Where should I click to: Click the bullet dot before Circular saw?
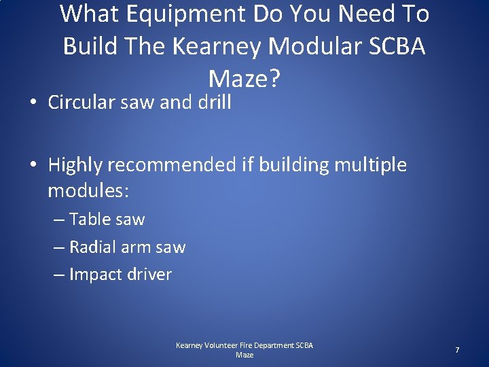pos(33,104)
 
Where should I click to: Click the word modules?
pos(88,191)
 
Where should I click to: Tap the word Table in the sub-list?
pos(90,219)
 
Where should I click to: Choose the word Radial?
pos(93,247)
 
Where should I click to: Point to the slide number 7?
pos(457,350)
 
